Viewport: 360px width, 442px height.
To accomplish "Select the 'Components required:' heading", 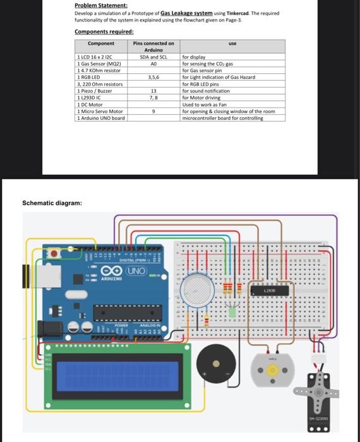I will (x=104, y=32).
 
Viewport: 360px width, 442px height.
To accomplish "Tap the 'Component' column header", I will (x=101, y=44).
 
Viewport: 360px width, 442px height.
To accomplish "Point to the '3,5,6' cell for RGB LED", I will (x=153, y=77).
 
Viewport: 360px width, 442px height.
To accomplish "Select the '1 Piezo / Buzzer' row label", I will (x=94, y=91).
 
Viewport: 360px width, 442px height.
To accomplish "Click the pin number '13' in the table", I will (x=153, y=91).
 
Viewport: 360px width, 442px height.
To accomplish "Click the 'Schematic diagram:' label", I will (x=52, y=203).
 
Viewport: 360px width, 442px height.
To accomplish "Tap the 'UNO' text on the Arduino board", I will (x=136, y=271).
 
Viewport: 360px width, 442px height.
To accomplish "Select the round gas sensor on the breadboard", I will (x=198, y=290).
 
